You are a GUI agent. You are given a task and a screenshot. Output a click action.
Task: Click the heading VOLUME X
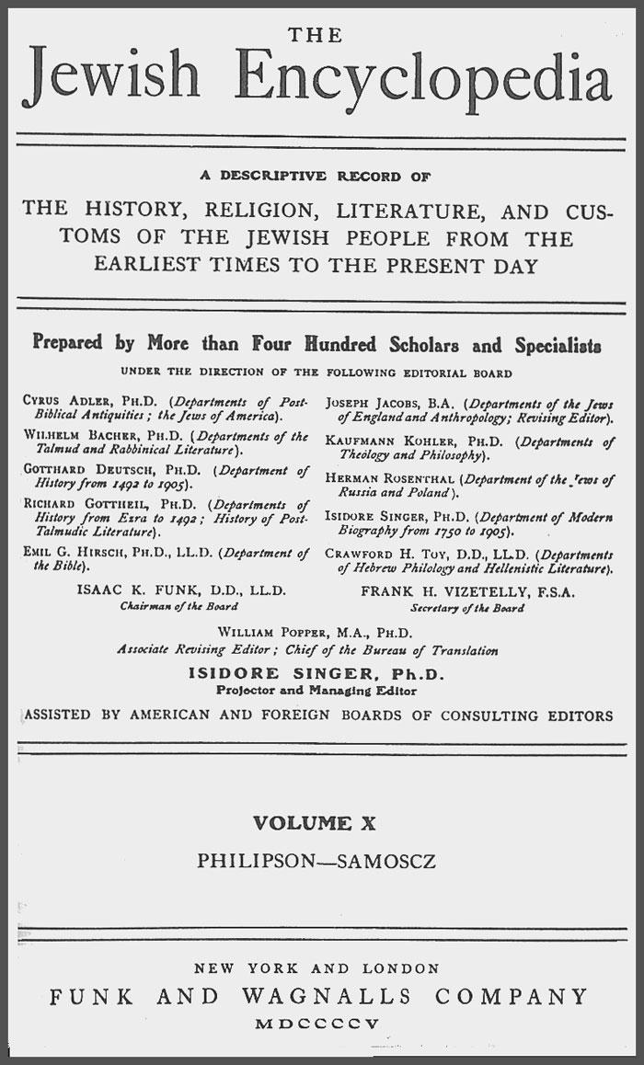pos(316,824)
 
